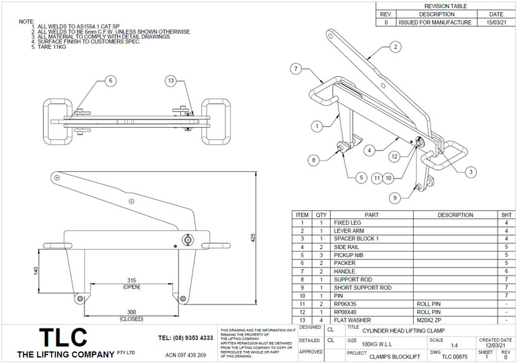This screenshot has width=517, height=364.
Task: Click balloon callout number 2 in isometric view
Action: point(396,47)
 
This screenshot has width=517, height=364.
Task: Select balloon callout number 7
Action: point(295,68)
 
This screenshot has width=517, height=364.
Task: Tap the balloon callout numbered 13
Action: point(171,81)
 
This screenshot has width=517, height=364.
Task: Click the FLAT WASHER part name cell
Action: point(351,319)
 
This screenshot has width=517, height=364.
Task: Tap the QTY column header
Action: point(321,215)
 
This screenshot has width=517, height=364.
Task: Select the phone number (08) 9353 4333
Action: point(186,338)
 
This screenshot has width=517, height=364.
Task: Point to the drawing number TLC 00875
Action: point(453,357)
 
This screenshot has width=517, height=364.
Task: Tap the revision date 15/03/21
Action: point(496,23)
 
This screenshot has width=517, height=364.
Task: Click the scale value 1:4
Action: point(455,345)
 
